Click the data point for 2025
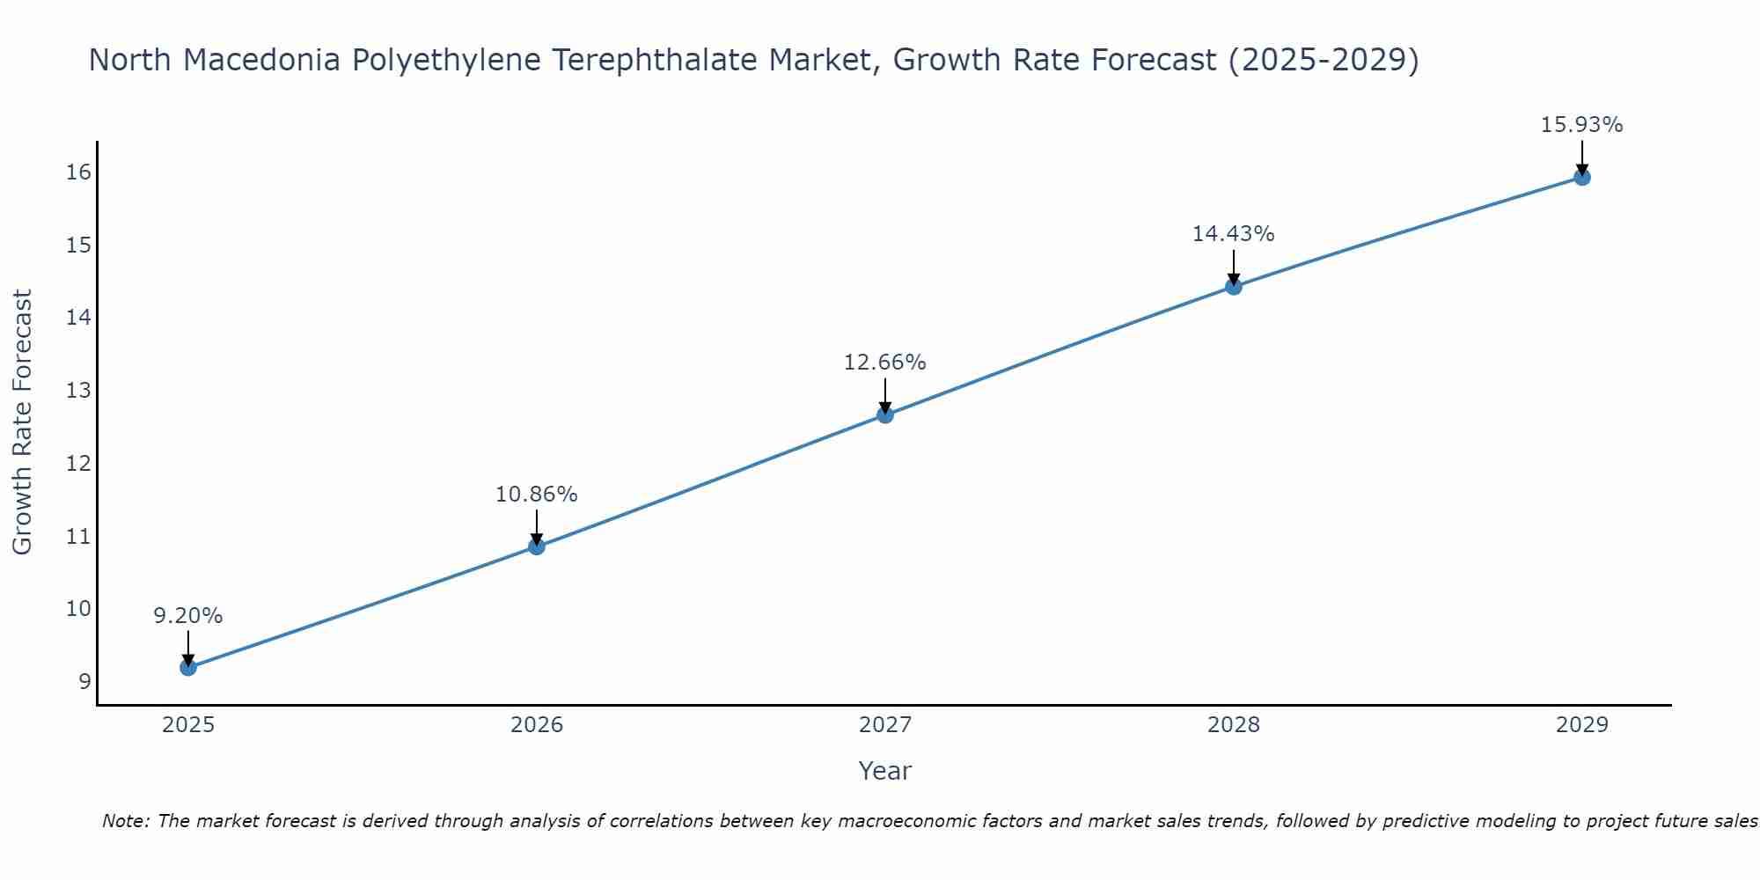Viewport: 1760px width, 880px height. click(188, 667)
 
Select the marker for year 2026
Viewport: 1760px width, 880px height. click(537, 546)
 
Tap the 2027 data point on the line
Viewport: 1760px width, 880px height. click(885, 414)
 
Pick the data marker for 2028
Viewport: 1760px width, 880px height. click(1234, 286)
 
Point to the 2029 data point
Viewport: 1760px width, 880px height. click(1581, 177)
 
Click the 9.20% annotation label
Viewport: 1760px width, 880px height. click(188, 616)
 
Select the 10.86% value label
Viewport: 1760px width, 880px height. click(536, 495)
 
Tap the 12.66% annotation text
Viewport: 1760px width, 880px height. click(884, 363)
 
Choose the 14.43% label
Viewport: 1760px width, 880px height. click(1233, 234)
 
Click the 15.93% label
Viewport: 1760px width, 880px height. click(1581, 125)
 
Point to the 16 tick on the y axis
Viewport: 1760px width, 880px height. click(78, 172)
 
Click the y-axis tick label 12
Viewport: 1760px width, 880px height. click(78, 463)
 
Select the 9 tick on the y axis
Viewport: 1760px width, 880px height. click(84, 682)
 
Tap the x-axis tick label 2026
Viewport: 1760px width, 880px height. click(537, 725)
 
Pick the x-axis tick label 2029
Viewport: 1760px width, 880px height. click(1581, 725)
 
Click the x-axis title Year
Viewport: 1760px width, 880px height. click(884, 771)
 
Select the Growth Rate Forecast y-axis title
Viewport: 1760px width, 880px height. click(23, 422)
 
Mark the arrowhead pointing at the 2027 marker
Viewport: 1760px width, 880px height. click(885, 408)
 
